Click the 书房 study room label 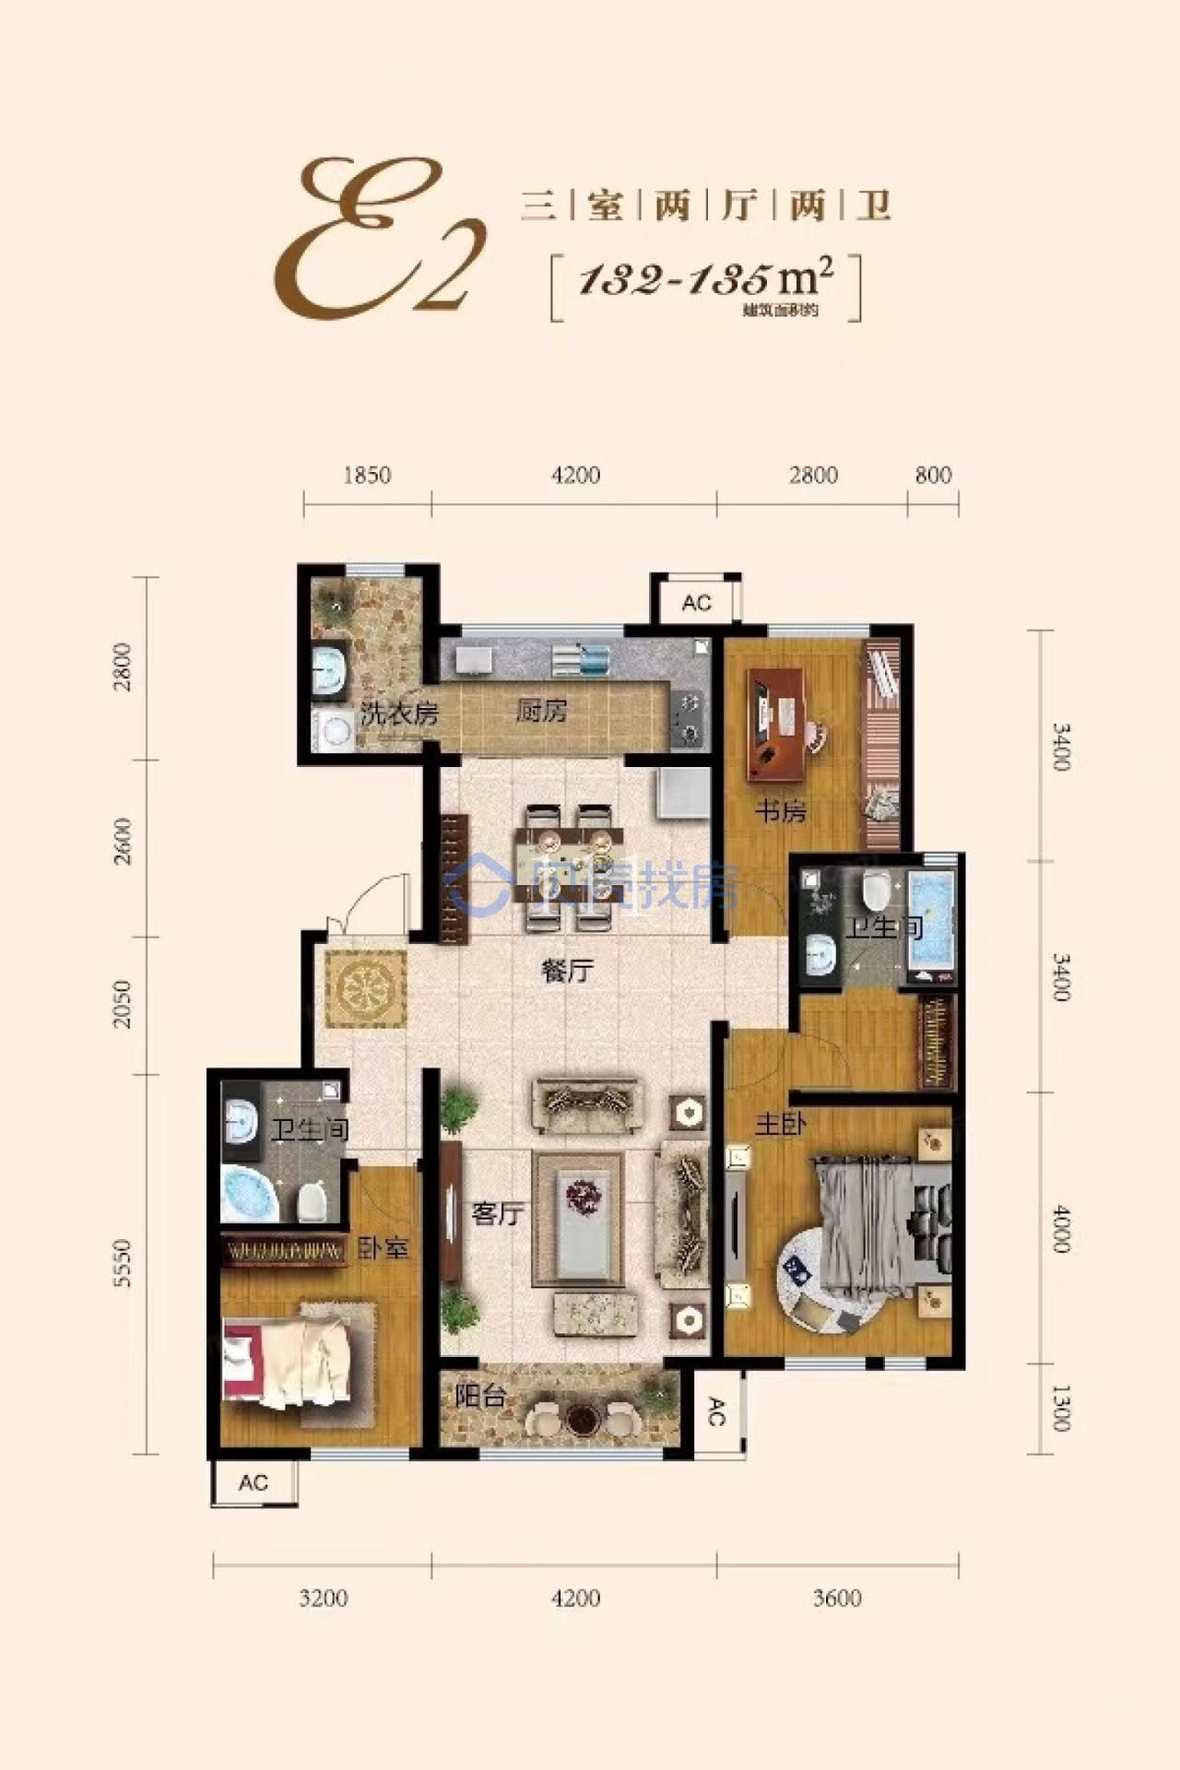[x=782, y=811]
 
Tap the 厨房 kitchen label [x=541, y=711]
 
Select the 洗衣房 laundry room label [x=398, y=713]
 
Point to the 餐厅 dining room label [x=567, y=970]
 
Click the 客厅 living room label [x=497, y=1212]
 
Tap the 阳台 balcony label [x=480, y=1397]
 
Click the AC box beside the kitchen [x=697, y=603]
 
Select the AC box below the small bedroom [x=254, y=1482]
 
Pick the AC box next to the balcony [x=716, y=1410]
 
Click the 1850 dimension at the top [x=367, y=476]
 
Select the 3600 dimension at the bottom [x=837, y=1598]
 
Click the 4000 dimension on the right [x=1060, y=1228]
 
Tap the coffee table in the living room [x=578, y=1213]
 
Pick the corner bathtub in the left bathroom [x=251, y=1194]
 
